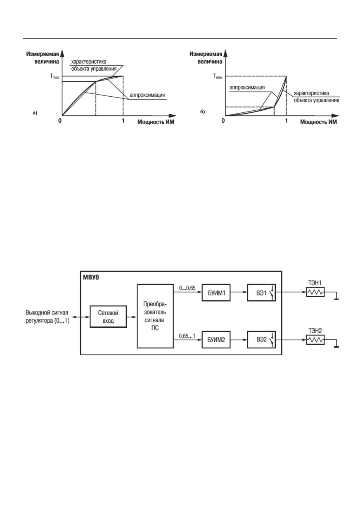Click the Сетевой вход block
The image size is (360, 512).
(108, 317)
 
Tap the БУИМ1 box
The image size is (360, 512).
(216, 293)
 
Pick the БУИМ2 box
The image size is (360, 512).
(216, 340)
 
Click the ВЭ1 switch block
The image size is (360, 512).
(262, 293)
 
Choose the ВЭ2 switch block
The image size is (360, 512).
(262, 340)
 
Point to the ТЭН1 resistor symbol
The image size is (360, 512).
(315, 292)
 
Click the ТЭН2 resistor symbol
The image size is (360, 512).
(315, 340)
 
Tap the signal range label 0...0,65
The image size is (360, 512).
(187, 288)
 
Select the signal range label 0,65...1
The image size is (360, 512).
(187, 336)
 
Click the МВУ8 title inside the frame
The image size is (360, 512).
(91, 278)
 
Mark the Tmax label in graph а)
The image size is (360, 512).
(54, 76)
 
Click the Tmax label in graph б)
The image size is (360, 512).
(218, 76)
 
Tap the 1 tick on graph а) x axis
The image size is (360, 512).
(123, 120)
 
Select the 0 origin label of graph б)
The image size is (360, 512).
(223, 120)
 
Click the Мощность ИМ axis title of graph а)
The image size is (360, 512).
(156, 122)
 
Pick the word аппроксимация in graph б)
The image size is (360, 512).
(247, 88)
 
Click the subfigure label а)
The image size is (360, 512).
(35, 113)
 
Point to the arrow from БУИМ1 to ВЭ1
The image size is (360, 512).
(239, 292)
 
